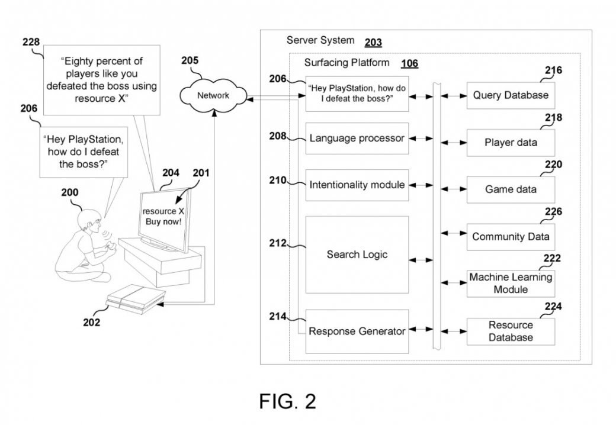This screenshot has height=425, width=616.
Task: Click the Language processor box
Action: point(357,139)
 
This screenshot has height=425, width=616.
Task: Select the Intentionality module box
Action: point(357,185)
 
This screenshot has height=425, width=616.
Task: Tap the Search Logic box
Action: point(357,255)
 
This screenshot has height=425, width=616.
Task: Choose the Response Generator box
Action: point(357,331)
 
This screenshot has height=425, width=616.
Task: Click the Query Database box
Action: point(511,95)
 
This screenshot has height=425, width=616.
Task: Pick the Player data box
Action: point(511,143)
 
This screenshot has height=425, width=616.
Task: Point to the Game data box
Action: point(511,189)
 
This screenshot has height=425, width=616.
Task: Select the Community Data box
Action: point(511,237)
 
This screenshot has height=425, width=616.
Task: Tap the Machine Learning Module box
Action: point(511,284)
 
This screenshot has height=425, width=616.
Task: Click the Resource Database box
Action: point(511,331)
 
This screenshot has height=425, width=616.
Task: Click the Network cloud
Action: point(213,95)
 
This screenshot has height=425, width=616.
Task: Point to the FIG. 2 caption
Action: point(288,401)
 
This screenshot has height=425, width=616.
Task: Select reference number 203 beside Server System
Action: point(373,42)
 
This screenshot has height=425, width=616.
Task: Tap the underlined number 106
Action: point(410,63)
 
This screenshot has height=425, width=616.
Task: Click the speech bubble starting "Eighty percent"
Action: point(101,81)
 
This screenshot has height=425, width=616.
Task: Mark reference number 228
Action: point(31,42)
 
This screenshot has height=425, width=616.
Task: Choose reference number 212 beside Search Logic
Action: point(277,243)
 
